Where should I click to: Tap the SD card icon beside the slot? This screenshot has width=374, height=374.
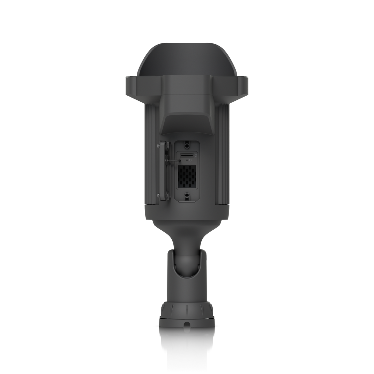(x=196, y=156)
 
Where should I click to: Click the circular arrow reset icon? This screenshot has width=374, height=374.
(x=191, y=160)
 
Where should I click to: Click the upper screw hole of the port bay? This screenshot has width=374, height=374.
(x=187, y=143)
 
